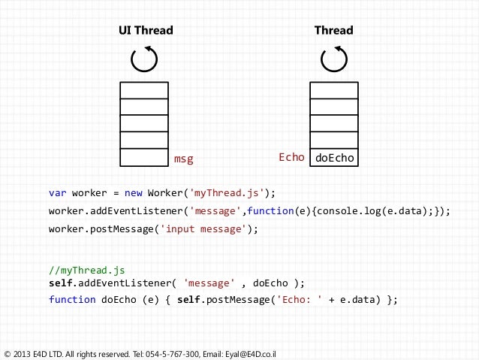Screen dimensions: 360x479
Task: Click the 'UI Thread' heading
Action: click(x=146, y=31)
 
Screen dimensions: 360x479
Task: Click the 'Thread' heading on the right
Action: click(x=333, y=31)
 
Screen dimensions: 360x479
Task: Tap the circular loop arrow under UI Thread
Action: click(x=144, y=59)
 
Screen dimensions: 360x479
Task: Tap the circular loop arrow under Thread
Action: click(x=333, y=59)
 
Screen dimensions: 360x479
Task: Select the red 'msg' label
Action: click(x=184, y=159)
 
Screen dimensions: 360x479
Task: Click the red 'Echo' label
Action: click(x=291, y=158)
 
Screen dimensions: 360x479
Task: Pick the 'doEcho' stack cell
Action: click(x=333, y=158)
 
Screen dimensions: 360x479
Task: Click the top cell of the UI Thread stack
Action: click(x=144, y=90)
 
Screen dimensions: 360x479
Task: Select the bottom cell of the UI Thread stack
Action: click(x=144, y=158)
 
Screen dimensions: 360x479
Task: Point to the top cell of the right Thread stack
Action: click(x=333, y=90)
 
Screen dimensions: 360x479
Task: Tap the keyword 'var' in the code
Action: click(x=58, y=192)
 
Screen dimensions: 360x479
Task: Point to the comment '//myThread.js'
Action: click(x=86, y=269)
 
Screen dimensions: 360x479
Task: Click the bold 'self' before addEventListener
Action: click(x=61, y=283)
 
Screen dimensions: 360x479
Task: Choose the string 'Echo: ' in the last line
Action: click(x=298, y=299)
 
